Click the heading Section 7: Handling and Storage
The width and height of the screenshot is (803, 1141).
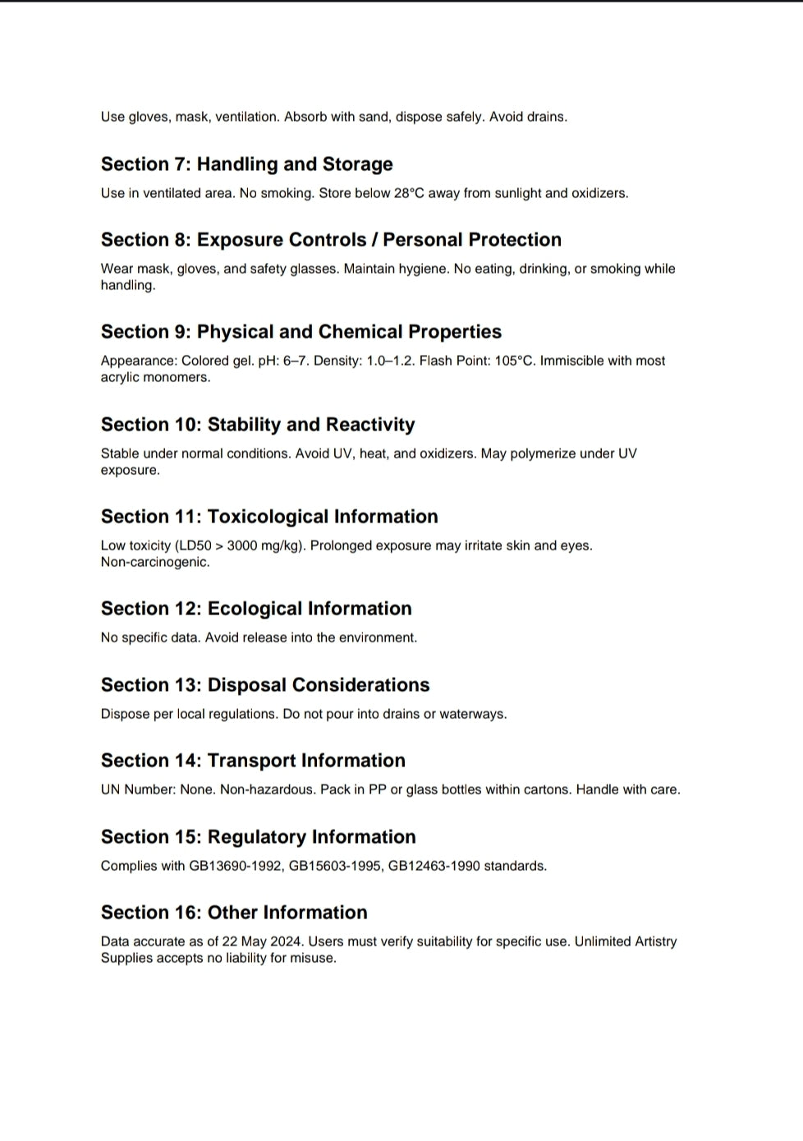(x=246, y=164)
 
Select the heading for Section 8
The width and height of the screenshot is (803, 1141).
(x=331, y=240)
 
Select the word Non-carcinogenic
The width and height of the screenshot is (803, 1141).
(x=155, y=562)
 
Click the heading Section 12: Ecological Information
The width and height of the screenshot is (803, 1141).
(x=256, y=609)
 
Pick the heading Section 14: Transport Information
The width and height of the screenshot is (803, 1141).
(x=253, y=761)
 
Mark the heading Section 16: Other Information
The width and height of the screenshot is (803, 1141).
(x=234, y=913)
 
